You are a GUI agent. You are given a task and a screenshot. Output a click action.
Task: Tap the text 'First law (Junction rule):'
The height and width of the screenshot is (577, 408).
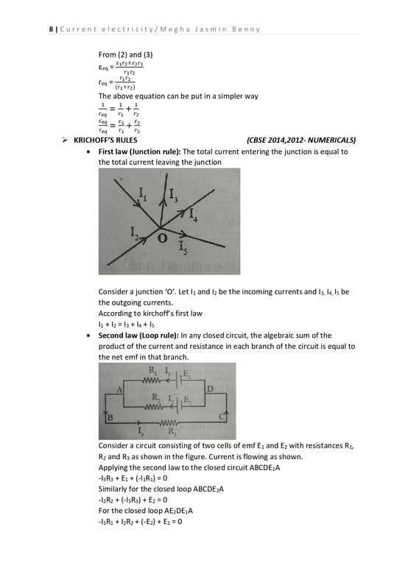tap(139, 152)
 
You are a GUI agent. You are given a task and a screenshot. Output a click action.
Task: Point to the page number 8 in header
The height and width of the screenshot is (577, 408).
tap(51, 29)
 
